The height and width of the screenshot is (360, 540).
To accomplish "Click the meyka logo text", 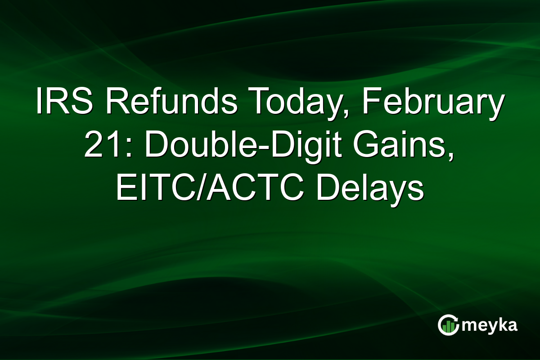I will click(x=490, y=325).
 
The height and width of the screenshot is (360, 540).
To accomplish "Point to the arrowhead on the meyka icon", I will click(x=457, y=321).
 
